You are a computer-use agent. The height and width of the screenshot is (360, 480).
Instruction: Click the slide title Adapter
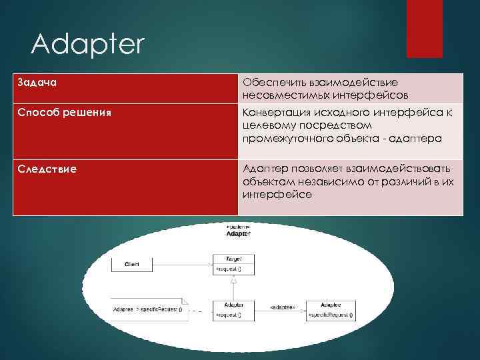tap(87, 45)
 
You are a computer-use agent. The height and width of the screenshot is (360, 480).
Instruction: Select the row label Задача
tap(37, 82)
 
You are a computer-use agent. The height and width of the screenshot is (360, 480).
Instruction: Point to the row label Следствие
tap(46, 169)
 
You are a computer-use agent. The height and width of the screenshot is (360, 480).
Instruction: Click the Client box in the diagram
tap(132, 265)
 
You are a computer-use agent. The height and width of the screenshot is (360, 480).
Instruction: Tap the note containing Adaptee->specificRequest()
tap(149, 310)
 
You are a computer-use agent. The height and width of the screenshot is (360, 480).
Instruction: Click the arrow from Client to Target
tap(183, 265)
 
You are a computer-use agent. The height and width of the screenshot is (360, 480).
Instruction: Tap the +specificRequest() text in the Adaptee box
tap(331, 314)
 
